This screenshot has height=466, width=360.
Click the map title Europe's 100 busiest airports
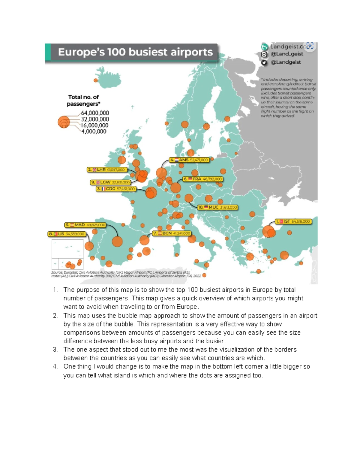[x=135, y=52]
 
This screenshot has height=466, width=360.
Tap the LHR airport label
[x=106, y=170]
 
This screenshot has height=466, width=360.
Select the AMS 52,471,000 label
[x=189, y=160]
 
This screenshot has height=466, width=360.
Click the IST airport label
[x=294, y=222]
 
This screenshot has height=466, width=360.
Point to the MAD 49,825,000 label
[x=85, y=225]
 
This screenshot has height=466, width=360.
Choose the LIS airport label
[x=67, y=234]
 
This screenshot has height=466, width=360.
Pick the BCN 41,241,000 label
[x=172, y=233]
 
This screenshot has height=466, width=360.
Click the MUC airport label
[x=217, y=207]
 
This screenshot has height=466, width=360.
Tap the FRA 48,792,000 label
[x=202, y=179]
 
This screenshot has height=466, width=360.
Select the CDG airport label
[x=116, y=189]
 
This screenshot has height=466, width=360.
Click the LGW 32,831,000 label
[x=110, y=182]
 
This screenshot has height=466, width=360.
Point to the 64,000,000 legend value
[x=95, y=113]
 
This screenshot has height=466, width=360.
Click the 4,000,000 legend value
[x=94, y=131]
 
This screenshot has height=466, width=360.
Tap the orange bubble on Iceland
[x=96, y=80]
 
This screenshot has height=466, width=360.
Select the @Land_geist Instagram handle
[x=287, y=54]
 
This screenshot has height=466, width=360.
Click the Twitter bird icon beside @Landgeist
[x=264, y=62]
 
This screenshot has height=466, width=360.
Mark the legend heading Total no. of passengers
[x=83, y=101]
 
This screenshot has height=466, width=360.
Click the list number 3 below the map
[x=55, y=350]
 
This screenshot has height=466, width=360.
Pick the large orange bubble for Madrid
[x=117, y=241]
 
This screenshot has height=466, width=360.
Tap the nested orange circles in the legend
[x=64, y=122]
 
